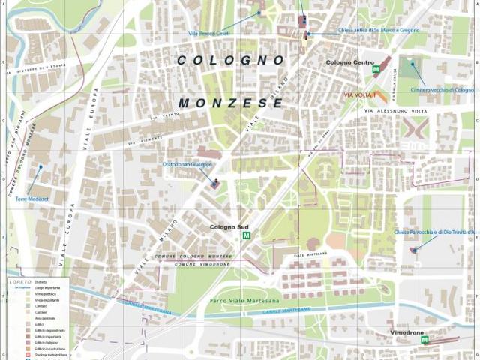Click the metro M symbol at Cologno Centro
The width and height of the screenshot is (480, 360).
click(376, 70)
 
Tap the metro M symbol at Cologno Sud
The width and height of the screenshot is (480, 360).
click(245, 235)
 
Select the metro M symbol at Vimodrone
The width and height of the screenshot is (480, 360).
click(424, 340)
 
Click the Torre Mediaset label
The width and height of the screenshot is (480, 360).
click(32, 199)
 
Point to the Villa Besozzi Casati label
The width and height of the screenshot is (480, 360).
click(209, 33)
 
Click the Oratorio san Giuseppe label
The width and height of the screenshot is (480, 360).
click(187, 164)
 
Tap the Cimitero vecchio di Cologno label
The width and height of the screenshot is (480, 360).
click(442, 89)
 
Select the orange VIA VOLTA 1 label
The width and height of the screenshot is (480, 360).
click(360, 95)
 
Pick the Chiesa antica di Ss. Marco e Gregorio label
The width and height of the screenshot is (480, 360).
click(378, 31)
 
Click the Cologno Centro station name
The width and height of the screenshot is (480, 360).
click(349, 62)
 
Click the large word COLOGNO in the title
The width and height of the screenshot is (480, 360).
click(231, 59)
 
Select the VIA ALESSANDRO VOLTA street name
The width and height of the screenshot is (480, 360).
click(396, 110)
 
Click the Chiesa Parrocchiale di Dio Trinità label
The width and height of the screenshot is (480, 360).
click(434, 232)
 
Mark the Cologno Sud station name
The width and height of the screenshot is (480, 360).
click(229, 226)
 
